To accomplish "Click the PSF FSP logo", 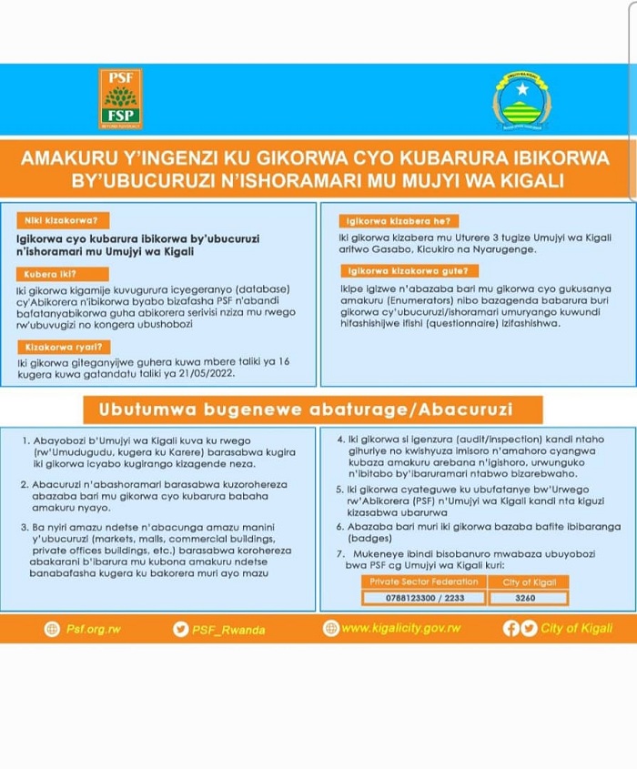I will coord(120,98).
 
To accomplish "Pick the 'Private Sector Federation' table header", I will coord(420,582).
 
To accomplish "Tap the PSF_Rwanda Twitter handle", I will coord(232,628).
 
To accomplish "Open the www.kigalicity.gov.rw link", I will coord(401,628).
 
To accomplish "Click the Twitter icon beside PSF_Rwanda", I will coord(180,628).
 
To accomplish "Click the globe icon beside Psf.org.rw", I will coord(52,628).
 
